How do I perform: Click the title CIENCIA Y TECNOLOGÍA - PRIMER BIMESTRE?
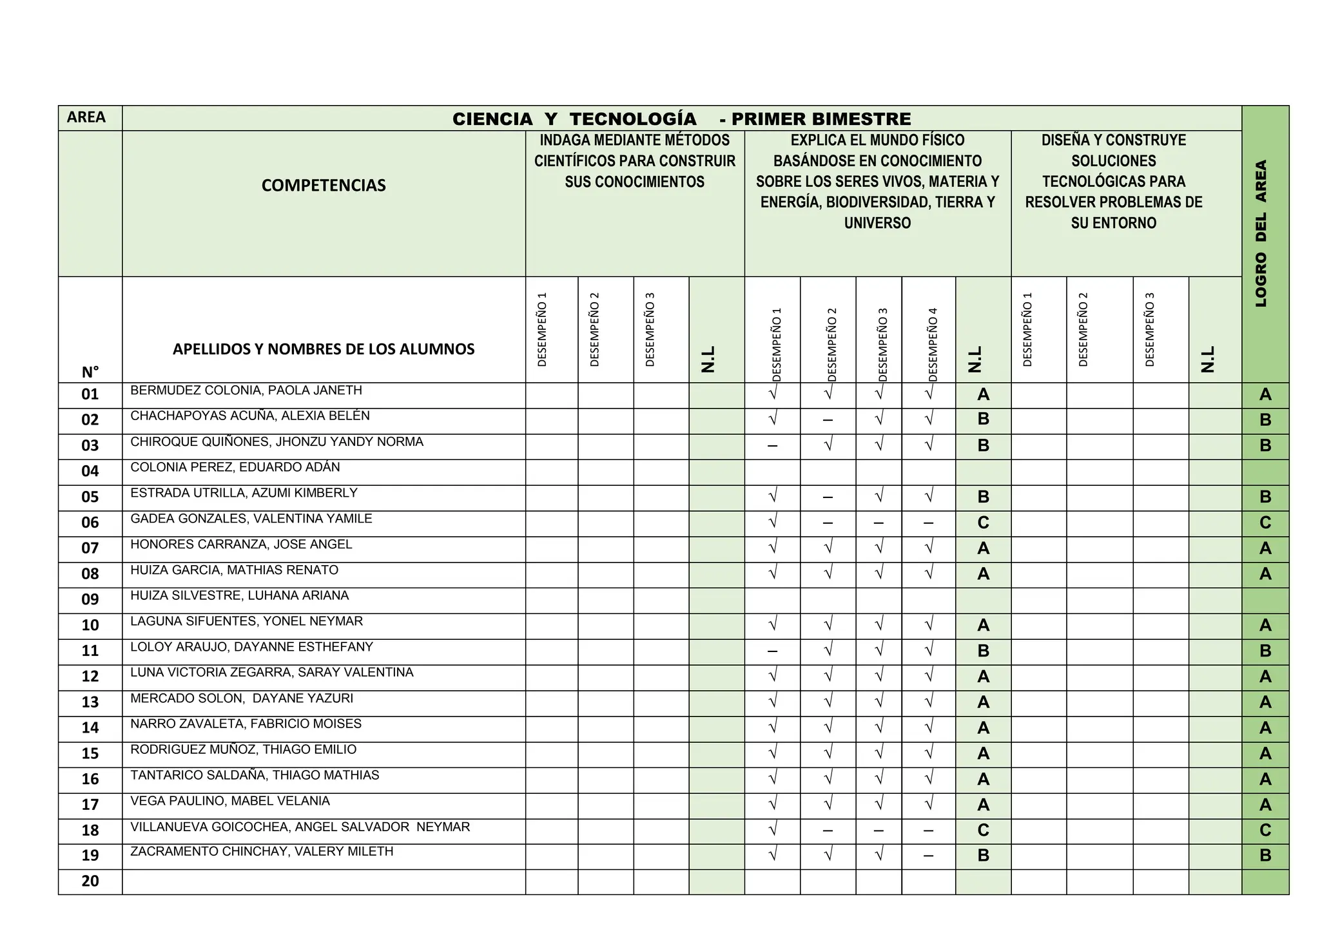click(681, 119)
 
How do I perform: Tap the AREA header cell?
click(86, 117)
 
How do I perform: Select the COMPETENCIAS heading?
click(324, 186)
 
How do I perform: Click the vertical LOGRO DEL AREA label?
click(1261, 233)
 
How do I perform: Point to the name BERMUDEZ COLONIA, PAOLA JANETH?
click(246, 390)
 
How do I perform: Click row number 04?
click(90, 471)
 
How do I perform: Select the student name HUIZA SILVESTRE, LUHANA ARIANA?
click(240, 596)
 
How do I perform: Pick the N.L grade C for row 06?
click(983, 523)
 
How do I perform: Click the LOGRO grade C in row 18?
click(1265, 831)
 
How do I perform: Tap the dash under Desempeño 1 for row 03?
click(772, 446)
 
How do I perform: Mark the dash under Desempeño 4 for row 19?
click(928, 856)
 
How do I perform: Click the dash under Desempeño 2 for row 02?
click(828, 421)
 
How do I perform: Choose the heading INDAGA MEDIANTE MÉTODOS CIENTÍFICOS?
click(635, 161)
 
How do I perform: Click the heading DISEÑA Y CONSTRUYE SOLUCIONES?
click(1114, 181)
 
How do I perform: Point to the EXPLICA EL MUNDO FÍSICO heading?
click(877, 181)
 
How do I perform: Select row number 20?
click(90, 881)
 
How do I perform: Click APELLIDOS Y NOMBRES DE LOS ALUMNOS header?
click(324, 349)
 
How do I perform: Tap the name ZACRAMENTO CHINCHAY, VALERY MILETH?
click(262, 852)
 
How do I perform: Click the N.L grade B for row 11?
click(983, 651)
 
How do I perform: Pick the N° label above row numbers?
click(90, 372)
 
